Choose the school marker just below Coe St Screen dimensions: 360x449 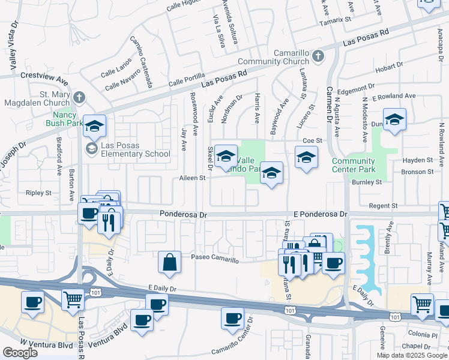point(306,158)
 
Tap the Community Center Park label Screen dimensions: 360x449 point(354,165)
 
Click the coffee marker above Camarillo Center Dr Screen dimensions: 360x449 point(232,318)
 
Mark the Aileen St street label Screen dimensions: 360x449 point(193,178)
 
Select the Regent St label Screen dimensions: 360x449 point(383,206)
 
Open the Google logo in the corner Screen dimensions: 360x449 point(20,353)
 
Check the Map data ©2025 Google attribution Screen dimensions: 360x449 point(411,355)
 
